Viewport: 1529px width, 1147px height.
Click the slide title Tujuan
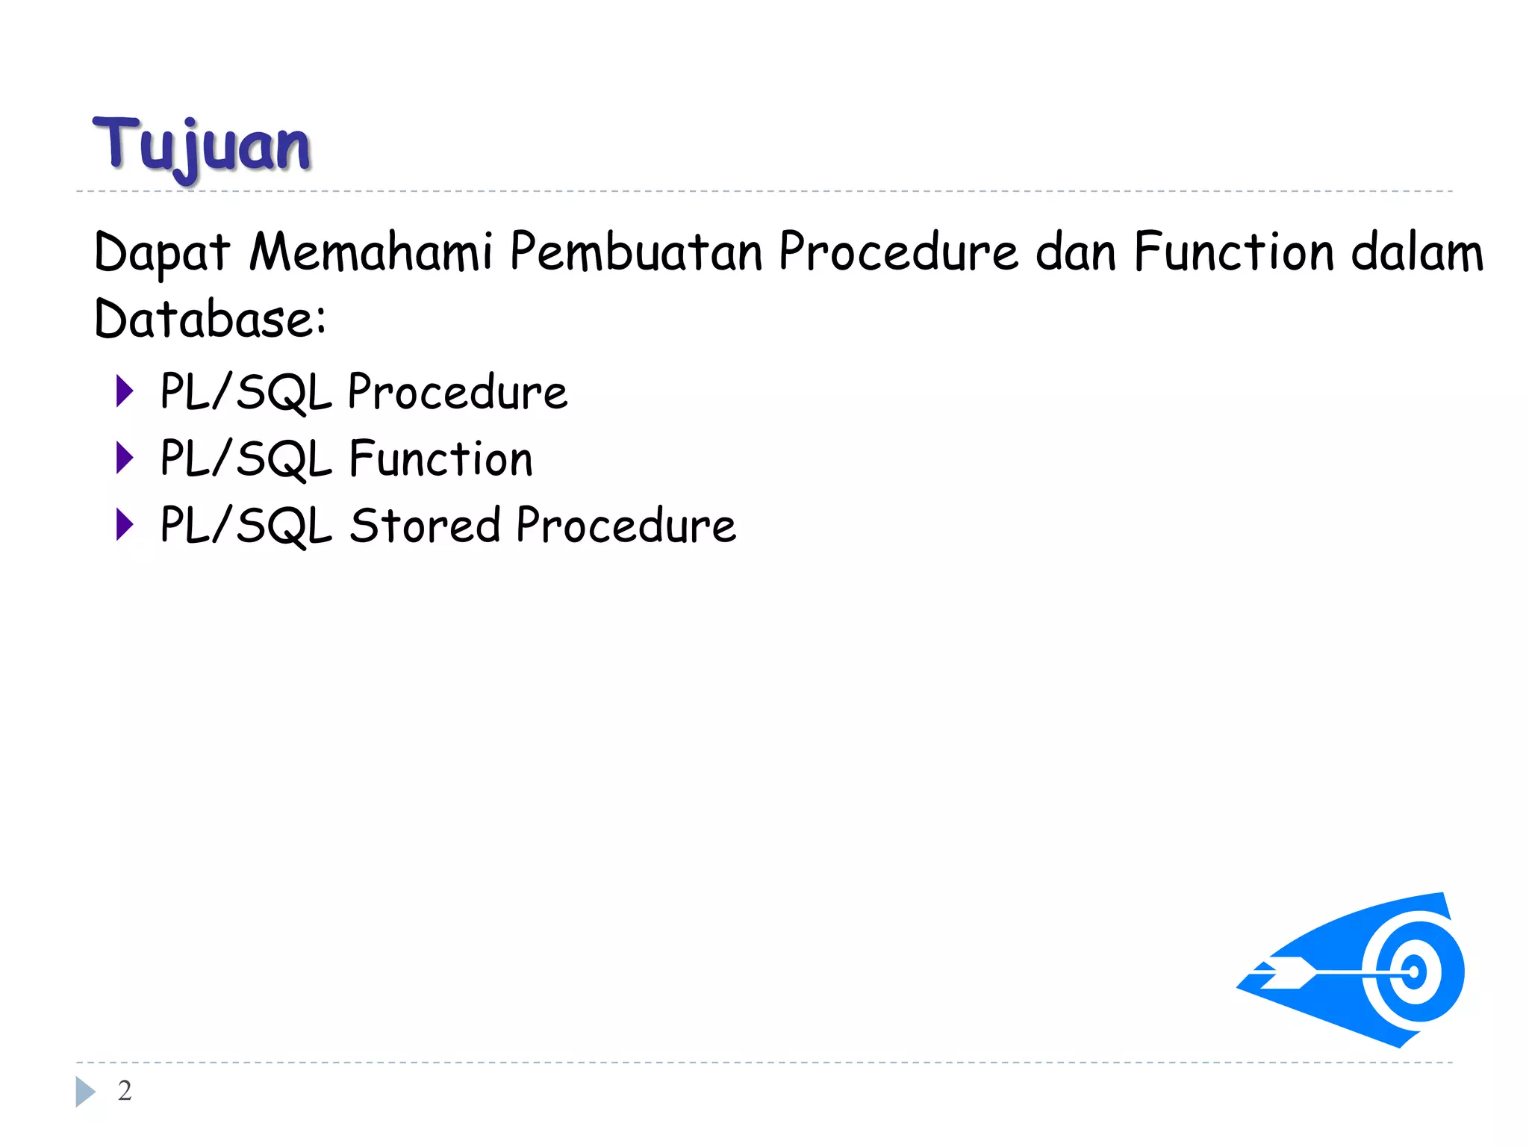(202, 146)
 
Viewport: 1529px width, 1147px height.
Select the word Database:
(210, 319)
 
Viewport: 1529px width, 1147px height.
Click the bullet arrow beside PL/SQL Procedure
(125, 391)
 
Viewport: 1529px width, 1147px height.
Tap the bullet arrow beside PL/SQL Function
(125, 458)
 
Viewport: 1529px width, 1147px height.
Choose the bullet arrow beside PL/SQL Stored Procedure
(125, 524)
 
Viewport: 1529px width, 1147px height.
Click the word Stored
(425, 525)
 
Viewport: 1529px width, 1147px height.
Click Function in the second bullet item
(440, 458)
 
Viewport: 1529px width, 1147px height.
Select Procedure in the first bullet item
(458, 391)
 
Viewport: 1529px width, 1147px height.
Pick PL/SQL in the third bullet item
(246, 525)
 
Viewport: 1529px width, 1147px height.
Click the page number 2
(125, 1091)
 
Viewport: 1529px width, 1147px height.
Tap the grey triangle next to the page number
(84, 1092)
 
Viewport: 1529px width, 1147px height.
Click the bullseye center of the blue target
(1413, 972)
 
